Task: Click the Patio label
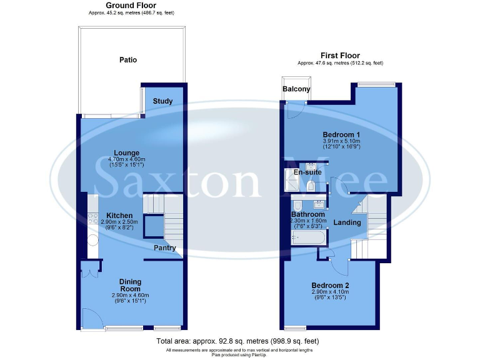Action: click(128, 60)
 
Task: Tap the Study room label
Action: click(162, 101)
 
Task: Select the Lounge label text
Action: click(126, 153)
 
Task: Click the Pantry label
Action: click(166, 248)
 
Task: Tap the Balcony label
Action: click(296, 89)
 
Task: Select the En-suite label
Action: click(307, 172)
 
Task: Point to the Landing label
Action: click(347, 222)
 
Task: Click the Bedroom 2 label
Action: click(331, 286)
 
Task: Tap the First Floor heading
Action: click(340, 55)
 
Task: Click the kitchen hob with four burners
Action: click(92, 218)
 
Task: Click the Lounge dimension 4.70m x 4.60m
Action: click(126, 159)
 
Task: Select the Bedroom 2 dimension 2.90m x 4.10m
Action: click(331, 292)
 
